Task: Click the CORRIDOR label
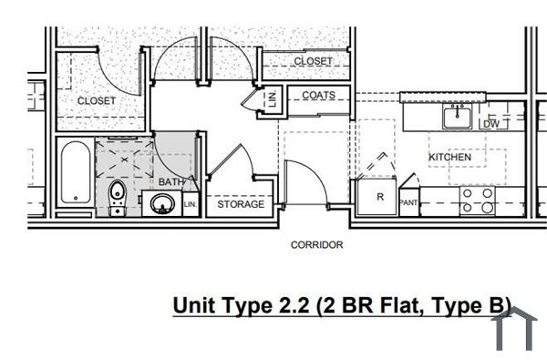click(316, 244)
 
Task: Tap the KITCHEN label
click(449, 158)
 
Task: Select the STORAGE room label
click(241, 204)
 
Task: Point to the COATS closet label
click(319, 96)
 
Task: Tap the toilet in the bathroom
click(117, 195)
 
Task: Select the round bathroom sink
click(161, 204)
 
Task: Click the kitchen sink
click(456, 118)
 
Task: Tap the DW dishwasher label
click(490, 124)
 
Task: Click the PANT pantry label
click(408, 202)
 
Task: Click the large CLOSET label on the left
click(97, 100)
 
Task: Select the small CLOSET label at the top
click(313, 61)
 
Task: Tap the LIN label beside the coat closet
click(272, 99)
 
